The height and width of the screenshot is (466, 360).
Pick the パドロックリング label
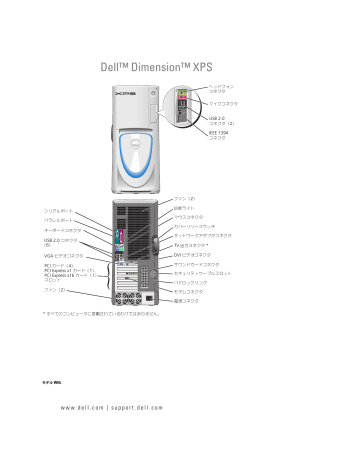pyautogui.click(x=193, y=283)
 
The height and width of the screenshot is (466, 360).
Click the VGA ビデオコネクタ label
pyautogui.click(x=66, y=256)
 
